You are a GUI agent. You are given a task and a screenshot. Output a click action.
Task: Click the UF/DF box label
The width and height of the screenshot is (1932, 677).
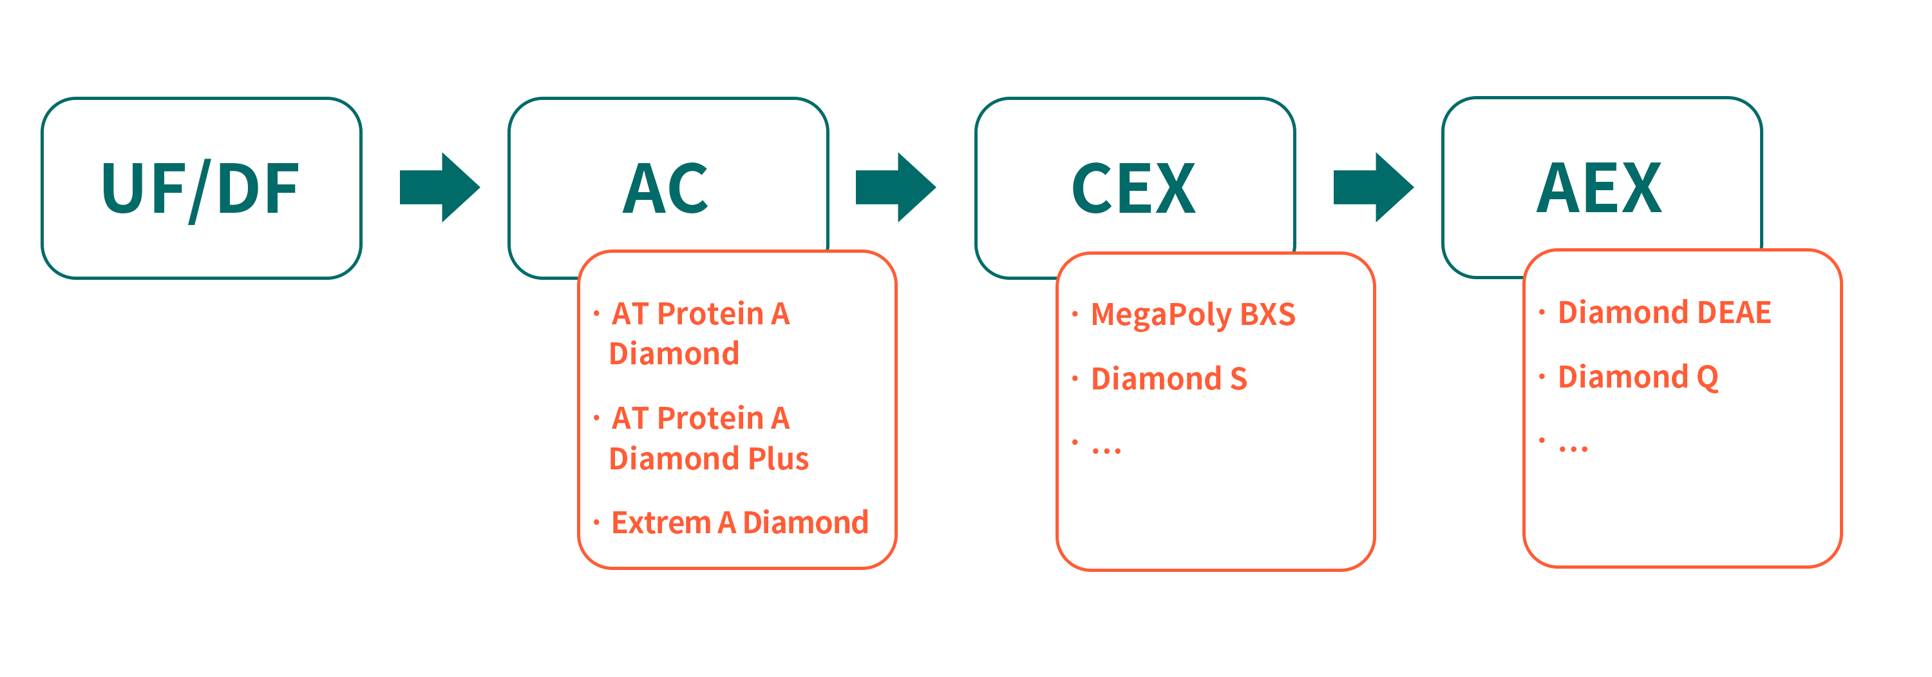pyautogui.click(x=200, y=189)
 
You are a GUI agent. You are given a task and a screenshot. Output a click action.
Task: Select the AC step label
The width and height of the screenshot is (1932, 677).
pyautogui.click(x=666, y=188)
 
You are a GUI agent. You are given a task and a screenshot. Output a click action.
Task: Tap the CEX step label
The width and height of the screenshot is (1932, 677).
pyautogui.click(x=1133, y=188)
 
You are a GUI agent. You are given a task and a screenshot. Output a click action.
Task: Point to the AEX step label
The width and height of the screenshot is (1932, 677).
pyautogui.click(x=1599, y=188)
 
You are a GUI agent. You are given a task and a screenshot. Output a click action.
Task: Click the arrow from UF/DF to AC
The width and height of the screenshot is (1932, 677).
pyautogui.click(x=439, y=188)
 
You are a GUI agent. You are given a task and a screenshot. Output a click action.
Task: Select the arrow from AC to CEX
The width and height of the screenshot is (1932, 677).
pyautogui.click(x=896, y=188)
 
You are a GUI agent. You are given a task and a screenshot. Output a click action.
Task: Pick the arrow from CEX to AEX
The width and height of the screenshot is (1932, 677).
pyautogui.click(x=1373, y=188)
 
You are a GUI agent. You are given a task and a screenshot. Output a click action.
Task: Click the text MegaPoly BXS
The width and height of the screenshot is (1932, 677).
pyautogui.click(x=1193, y=315)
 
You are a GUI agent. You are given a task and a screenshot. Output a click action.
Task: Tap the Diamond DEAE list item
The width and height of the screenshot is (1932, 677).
pyautogui.click(x=1664, y=312)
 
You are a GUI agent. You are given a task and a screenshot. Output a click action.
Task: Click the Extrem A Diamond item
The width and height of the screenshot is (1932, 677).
pyautogui.click(x=739, y=523)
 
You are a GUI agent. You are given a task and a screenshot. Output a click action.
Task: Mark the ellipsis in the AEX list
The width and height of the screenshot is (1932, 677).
pyautogui.click(x=1573, y=449)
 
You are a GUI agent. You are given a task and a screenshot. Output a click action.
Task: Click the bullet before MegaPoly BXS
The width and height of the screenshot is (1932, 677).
pyautogui.click(x=1075, y=314)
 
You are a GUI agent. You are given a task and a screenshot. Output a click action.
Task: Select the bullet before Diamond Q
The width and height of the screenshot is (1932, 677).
pyautogui.click(x=1541, y=376)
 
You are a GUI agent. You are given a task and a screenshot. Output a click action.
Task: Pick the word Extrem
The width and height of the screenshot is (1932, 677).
pyautogui.click(x=661, y=523)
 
